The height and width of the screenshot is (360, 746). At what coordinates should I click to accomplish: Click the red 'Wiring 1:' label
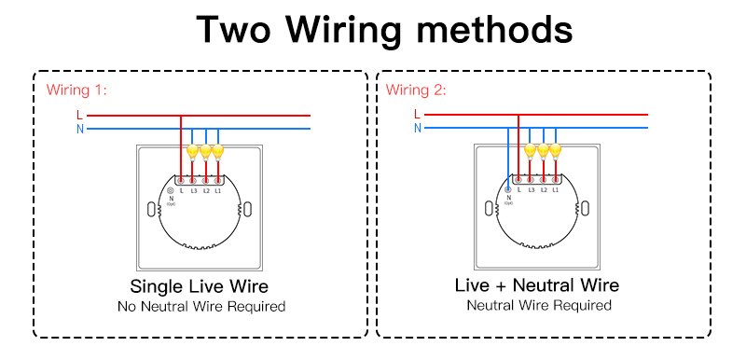pos(76,90)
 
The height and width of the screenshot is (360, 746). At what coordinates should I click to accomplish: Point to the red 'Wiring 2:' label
pos(416,90)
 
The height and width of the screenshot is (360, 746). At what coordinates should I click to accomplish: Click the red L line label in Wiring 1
pos(79,114)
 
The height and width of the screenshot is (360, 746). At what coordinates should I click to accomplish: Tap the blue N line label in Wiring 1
pos(79,128)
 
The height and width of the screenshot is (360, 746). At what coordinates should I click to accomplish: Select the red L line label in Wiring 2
pos(417,114)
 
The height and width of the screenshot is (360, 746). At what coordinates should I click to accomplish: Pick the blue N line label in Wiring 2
pos(417,128)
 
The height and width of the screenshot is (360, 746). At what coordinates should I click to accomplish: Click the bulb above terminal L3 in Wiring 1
pos(193,149)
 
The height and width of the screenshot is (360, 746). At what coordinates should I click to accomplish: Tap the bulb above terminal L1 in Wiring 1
pos(218,149)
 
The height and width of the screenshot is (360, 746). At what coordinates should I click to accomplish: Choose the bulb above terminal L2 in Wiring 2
pos(543,149)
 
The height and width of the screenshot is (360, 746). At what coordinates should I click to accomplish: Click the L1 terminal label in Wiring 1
pos(218,190)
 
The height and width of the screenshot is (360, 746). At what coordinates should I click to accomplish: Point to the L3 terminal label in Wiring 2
pos(531,190)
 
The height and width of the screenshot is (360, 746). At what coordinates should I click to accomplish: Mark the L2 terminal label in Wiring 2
pos(543,190)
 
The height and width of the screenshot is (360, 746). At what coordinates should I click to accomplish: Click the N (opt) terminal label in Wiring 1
pos(171,199)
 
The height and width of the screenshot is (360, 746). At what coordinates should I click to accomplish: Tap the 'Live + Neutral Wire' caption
pos(537,285)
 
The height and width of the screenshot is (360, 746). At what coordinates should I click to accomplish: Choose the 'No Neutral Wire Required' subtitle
pos(200,306)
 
